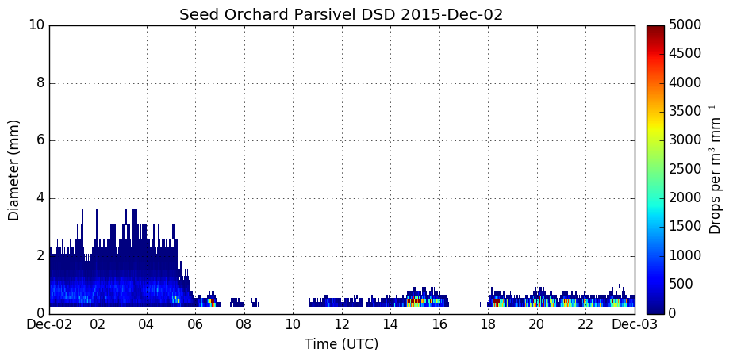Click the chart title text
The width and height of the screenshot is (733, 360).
pyautogui.click(x=341, y=14)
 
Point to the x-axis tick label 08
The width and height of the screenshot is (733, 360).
pyautogui.click(x=244, y=324)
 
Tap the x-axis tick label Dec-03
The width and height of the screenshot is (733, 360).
pyautogui.click(x=635, y=324)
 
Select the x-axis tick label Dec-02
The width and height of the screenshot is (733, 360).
pyautogui.click(x=49, y=324)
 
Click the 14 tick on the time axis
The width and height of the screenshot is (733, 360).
pyautogui.click(x=391, y=324)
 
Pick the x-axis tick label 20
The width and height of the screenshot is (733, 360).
pyautogui.click(x=537, y=324)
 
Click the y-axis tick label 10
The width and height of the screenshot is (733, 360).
pyautogui.click(x=36, y=25)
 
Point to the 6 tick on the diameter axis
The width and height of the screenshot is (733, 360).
pyautogui.click(x=40, y=140)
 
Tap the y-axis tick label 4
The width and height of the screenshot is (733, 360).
pyautogui.click(x=40, y=198)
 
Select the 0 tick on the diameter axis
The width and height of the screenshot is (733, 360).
pyautogui.click(x=40, y=313)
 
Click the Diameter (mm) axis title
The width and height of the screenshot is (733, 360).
pyautogui.click(x=14, y=170)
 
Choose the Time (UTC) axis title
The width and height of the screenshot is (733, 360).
pyautogui.click(x=341, y=345)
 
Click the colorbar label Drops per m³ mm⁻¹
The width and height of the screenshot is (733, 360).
pyautogui.click(x=715, y=170)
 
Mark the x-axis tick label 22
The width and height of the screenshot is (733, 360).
pyautogui.click(x=585, y=324)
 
